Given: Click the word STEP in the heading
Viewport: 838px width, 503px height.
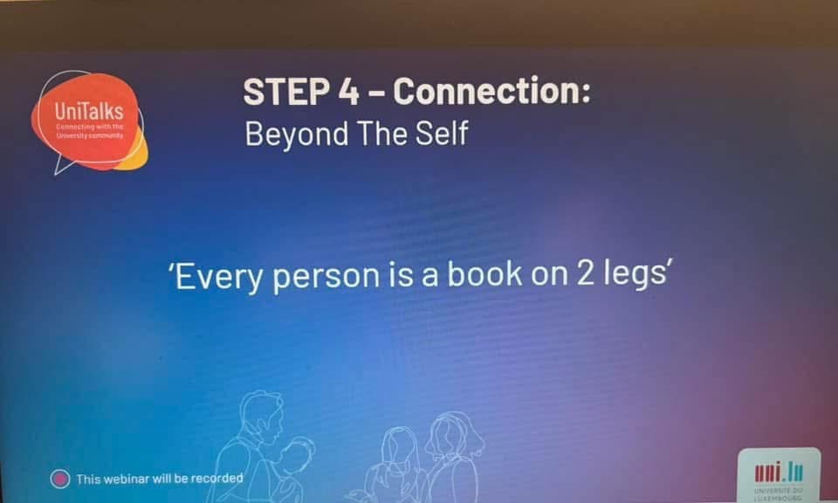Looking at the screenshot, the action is [x=286, y=91].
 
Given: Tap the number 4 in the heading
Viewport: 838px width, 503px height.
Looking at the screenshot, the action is [x=349, y=92].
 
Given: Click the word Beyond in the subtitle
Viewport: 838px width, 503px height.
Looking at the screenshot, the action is [x=297, y=134].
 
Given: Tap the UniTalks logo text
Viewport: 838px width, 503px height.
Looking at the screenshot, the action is [x=89, y=111].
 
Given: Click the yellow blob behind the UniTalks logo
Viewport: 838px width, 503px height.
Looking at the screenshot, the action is [x=134, y=154].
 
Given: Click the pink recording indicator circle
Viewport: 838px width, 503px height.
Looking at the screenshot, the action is [x=60, y=479].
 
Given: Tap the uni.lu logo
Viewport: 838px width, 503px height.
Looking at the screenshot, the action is [x=779, y=473].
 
